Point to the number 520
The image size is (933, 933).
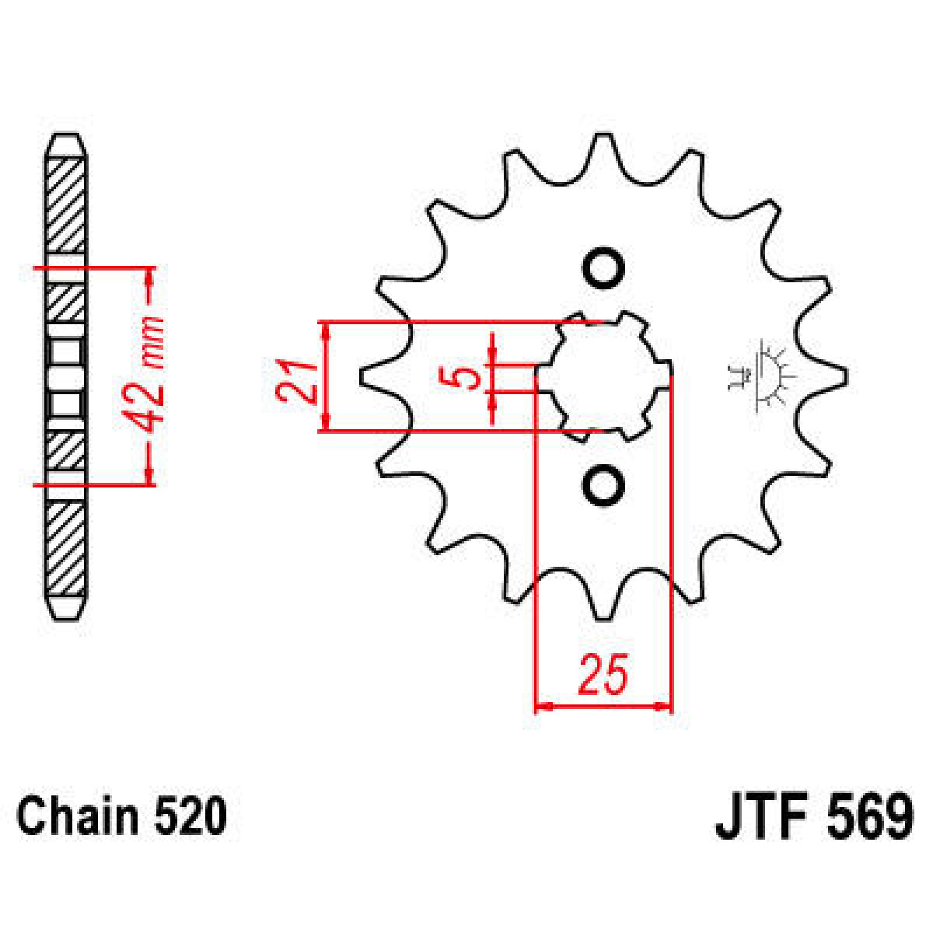(190, 817)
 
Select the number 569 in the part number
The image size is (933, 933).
(870, 817)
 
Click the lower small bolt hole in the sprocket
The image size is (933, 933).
(603, 486)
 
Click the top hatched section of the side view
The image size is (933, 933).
(65, 206)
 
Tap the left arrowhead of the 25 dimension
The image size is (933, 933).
(543, 707)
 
